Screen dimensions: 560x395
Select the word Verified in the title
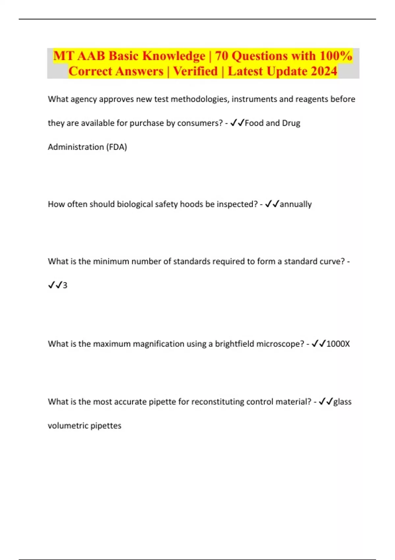tap(196, 71)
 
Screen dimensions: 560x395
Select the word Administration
tap(76, 147)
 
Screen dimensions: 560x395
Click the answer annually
tap(296, 204)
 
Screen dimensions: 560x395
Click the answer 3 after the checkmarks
tap(65, 285)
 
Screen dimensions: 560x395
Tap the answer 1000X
tap(338, 344)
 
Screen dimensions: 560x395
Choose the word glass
tap(342, 402)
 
